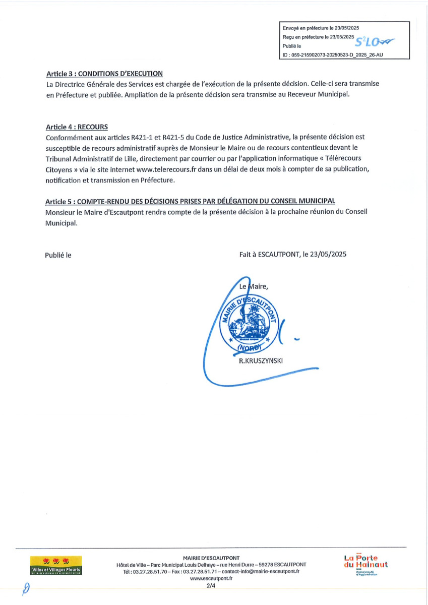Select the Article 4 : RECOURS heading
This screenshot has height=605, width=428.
pos(77,127)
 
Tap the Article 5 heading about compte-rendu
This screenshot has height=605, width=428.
pos(191,202)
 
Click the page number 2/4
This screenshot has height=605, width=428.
pos(211,586)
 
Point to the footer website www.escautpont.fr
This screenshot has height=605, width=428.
pos(211,579)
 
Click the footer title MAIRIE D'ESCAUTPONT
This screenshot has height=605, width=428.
pos(211,557)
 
